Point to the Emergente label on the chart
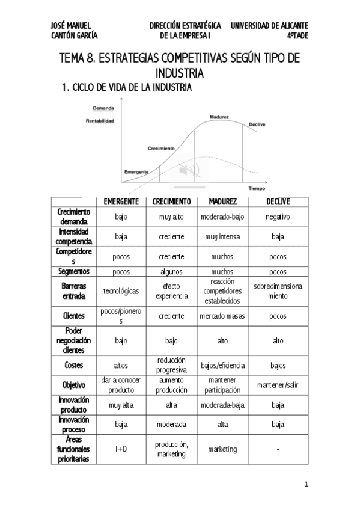pyautogui.click(x=136, y=171)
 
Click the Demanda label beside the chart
pyautogui.click(x=103, y=109)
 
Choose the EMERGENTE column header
pyautogui.click(x=121, y=201)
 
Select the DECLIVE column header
pyautogui.click(x=278, y=201)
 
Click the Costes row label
pyautogui.click(x=74, y=364)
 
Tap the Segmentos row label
pyautogui.click(x=74, y=271)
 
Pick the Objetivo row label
pyautogui.click(x=74, y=384)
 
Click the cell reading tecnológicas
pyautogui.click(x=121, y=291)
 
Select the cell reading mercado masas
pyautogui.click(x=222, y=315)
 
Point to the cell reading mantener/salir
pyautogui.click(x=278, y=385)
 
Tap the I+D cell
pyautogui.click(x=121, y=449)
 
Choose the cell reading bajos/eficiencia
pyautogui.click(x=222, y=365)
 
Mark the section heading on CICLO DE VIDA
pyautogui.click(x=127, y=88)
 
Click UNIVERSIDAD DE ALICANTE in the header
pyautogui.click(x=269, y=26)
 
